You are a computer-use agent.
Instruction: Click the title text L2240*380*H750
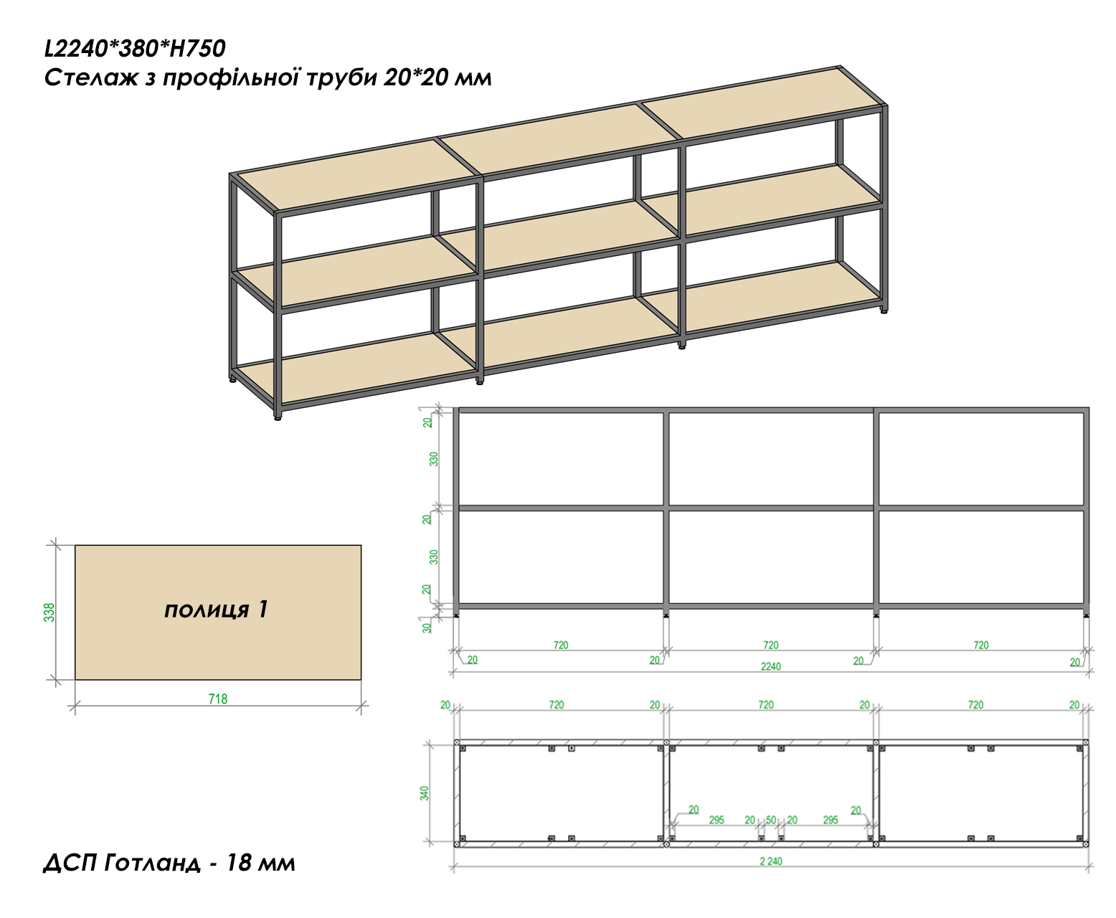(135, 49)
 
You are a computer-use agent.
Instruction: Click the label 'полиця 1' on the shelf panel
(217, 609)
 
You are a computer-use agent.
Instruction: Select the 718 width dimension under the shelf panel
(218, 699)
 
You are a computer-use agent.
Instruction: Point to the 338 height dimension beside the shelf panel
(49, 612)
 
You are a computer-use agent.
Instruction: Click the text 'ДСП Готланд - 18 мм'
(169, 863)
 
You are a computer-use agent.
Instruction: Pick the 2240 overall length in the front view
(771, 666)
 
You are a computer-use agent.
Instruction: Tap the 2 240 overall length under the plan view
(771, 861)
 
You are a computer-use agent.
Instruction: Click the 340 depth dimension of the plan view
(425, 793)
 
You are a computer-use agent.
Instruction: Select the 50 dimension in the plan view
(771, 820)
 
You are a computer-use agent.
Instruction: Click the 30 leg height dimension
(427, 628)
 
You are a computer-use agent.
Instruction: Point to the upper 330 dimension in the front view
(434, 459)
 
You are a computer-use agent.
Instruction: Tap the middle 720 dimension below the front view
(771, 645)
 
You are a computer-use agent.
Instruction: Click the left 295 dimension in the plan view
(717, 820)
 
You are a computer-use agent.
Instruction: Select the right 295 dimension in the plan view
(831, 820)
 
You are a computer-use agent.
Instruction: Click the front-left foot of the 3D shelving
(278, 417)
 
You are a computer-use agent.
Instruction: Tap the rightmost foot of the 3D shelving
(884, 312)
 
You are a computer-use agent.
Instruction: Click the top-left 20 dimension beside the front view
(427, 422)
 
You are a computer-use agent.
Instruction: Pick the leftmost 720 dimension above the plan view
(557, 705)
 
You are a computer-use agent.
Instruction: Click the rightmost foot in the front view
(1087, 615)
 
